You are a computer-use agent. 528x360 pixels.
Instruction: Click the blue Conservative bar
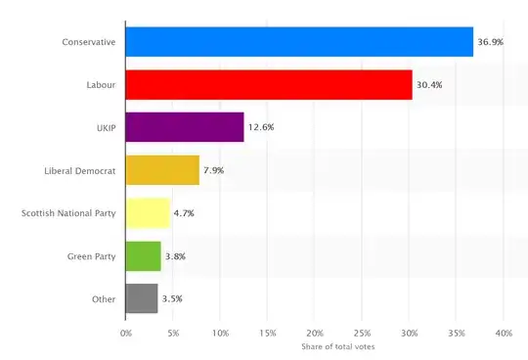click(x=299, y=42)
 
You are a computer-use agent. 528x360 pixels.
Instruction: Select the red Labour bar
click(x=269, y=85)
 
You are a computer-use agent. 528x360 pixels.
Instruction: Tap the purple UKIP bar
click(x=185, y=127)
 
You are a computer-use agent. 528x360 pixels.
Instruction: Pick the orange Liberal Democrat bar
click(x=162, y=170)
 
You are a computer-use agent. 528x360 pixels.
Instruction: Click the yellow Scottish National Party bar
click(x=148, y=213)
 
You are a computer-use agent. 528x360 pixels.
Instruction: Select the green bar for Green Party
click(x=143, y=256)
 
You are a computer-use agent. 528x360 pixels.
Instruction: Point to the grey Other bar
click(x=142, y=298)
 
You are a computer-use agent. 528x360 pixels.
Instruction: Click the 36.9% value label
click(x=491, y=42)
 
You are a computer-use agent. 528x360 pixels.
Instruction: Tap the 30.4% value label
click(x=430, y=85)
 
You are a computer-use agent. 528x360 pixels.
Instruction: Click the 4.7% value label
click(x=186, y=213)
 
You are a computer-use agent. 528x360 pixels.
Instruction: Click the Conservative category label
click(x=89, y=42)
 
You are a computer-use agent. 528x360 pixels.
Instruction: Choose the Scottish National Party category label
click(x=68, y=213)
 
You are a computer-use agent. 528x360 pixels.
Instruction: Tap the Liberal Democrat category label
click(x=80, y=170)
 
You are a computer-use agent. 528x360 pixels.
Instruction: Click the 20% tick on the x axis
click(x=315, y=334)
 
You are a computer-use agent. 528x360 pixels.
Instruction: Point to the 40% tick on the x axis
click(x=504, y=334)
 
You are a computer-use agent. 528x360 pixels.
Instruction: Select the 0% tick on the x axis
click(x=125, y=334)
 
